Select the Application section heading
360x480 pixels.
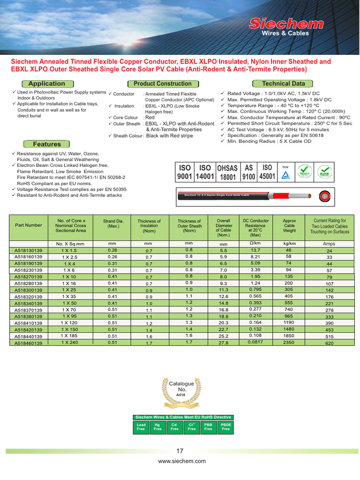click(47, 83)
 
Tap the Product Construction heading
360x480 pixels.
click(162, 83)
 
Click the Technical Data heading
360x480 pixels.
click(283, 83)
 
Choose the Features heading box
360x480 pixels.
click(47, 144)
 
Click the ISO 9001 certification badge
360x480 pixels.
click(184, 172)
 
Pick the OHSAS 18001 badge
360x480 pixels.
click(227, 172)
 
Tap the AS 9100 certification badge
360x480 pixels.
click(248, 172)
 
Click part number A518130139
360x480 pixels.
click(29, 251)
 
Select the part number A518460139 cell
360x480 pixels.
click(29, 343)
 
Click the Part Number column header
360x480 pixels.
click(29, 225)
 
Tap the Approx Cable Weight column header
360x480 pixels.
click(289, 225)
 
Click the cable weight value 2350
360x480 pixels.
click(289, 343)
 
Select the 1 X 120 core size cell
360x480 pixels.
click(70, 322)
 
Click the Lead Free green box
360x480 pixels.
click(141, 427)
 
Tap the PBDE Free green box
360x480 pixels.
click(226, 427)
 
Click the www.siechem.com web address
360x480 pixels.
click(182, 461)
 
